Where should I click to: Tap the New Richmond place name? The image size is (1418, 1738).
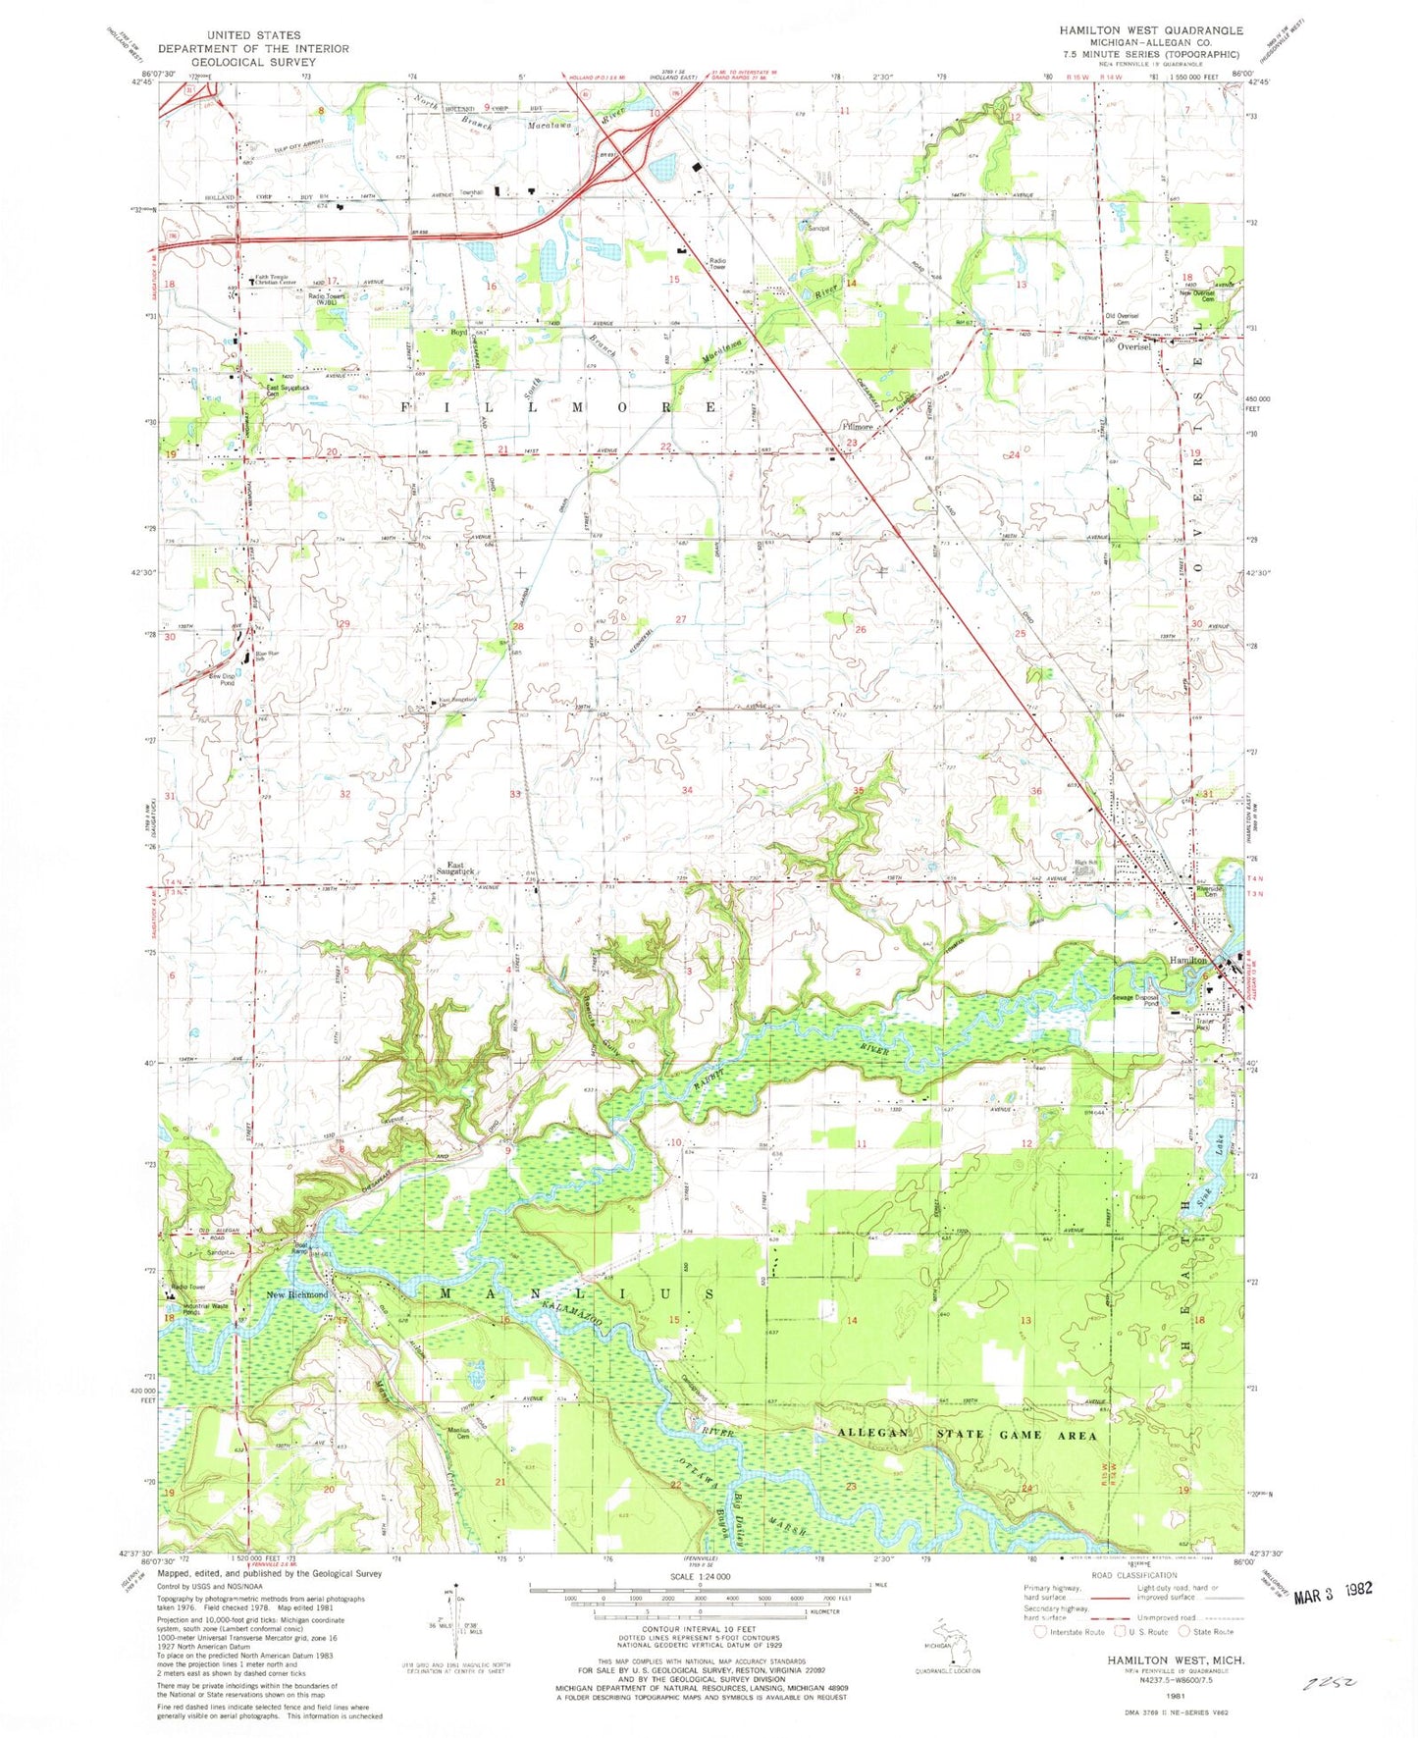297,1294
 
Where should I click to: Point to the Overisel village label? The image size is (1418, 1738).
1134,346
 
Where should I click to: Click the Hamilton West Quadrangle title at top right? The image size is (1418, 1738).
1150,30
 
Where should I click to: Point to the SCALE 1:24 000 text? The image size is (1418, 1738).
700,1576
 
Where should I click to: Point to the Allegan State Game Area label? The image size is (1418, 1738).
966,1434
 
